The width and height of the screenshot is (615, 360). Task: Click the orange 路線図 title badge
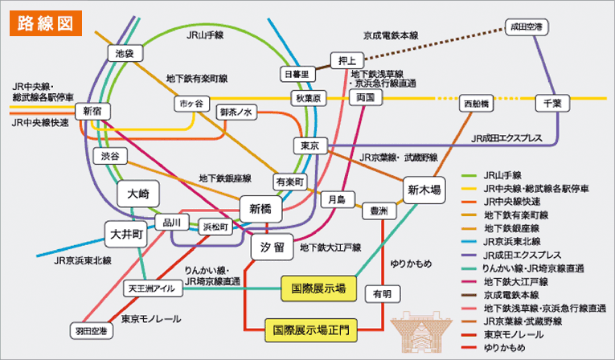(x=45, y=22)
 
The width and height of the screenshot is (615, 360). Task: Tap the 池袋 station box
(x=125, y=53)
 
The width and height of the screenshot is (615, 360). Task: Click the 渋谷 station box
(x=110, y=155)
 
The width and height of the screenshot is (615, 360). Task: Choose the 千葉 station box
(x=551, y=103)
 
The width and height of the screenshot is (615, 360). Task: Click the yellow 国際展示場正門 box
(x=310, y=329)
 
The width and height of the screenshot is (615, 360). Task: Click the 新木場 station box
(x=424, y=190)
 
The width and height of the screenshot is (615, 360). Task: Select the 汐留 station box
(x=272, y=247)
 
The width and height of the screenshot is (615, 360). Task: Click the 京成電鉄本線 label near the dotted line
(x=391, y=35)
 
